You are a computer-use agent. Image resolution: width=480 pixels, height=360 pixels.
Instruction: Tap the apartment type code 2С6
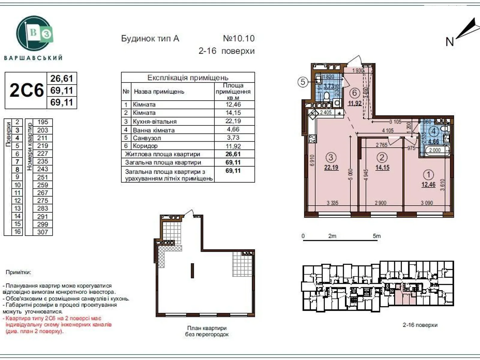26,90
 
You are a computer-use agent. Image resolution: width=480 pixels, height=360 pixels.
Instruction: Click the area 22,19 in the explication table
233,121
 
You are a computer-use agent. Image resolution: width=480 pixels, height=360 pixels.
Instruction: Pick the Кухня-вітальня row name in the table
154,121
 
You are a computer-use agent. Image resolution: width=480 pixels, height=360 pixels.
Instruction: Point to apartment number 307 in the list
42,232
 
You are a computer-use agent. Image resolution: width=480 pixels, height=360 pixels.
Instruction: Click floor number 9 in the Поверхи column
17,177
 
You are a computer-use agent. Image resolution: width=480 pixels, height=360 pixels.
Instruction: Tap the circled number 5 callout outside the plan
303,82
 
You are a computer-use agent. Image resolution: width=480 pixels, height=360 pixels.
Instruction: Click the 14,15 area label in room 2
382,167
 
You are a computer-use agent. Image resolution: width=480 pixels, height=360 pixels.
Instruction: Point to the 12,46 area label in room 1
428,185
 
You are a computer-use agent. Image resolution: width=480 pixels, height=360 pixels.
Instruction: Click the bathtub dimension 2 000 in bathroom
435,150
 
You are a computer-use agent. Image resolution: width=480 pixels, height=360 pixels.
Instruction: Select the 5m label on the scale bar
376,236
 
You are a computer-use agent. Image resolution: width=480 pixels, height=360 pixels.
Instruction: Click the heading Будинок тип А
150,39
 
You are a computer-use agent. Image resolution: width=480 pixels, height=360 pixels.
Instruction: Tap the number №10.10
239,38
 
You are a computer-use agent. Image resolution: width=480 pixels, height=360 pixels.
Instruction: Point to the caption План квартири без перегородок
207,331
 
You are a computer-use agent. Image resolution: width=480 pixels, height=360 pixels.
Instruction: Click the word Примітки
18,272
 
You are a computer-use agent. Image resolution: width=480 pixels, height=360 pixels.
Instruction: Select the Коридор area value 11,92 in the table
233,146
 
